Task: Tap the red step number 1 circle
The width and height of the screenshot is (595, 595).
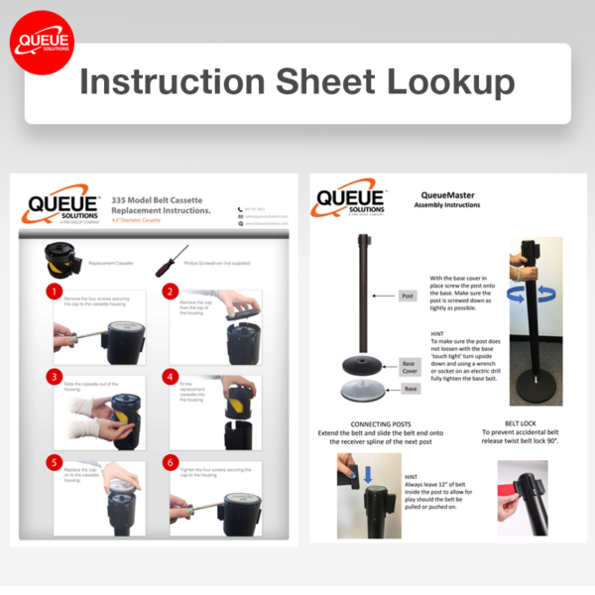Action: [x=53, y=292]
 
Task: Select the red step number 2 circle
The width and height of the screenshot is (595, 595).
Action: [x=170, y=292]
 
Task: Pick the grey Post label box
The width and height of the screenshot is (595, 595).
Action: [x=408, y=296]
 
